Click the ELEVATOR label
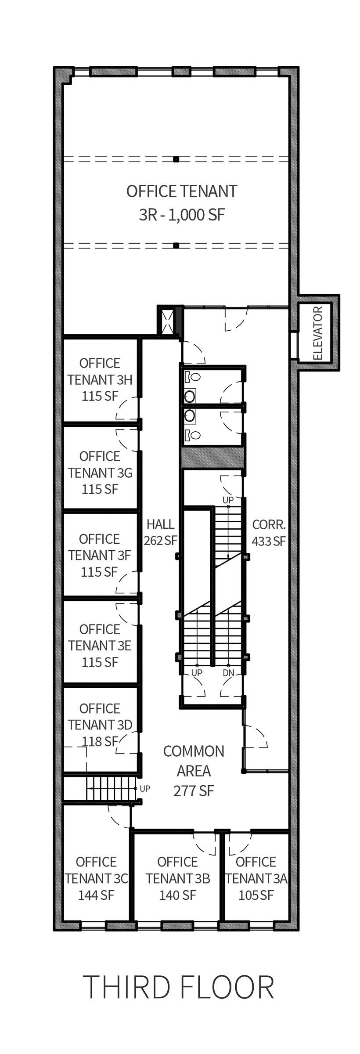(318, 333)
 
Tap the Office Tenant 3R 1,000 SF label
(182, 203)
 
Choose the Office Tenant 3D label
(100, 725)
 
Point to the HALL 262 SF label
(160, 532)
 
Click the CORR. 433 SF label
(269, 533)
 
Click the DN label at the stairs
(228, 673)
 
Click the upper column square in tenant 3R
(176, 159)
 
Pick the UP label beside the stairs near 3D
(145, 789)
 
